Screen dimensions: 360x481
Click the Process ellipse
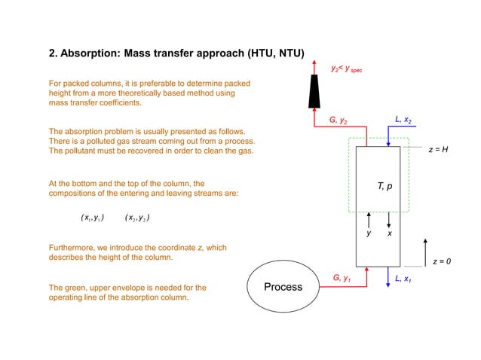point(283,286)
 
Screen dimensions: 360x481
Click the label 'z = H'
point(438,150)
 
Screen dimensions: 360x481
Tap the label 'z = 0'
point(442,261)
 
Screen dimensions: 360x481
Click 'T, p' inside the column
point(384,185)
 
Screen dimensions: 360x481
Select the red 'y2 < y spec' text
point(346,69)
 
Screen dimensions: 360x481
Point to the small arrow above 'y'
point(369,220)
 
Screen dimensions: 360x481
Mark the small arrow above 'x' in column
point(389,220)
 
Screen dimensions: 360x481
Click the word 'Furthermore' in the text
point(72,248)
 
